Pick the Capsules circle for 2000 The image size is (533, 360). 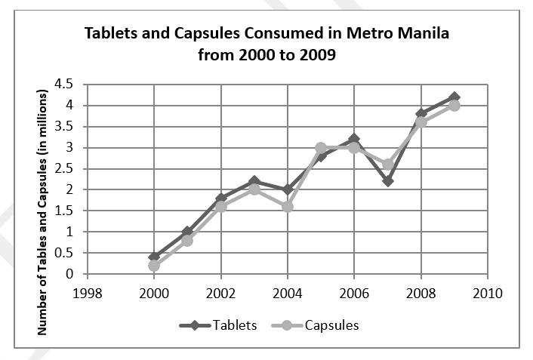coord(154,265)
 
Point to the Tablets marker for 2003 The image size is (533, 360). coord(254,181)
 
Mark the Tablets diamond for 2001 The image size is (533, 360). coord(187,232)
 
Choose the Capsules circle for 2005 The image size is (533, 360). coord(321,148)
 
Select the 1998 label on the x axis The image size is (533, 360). coord(88,291)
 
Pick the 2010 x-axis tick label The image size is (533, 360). coord(487,291)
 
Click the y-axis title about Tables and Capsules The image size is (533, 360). coord(43,212)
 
